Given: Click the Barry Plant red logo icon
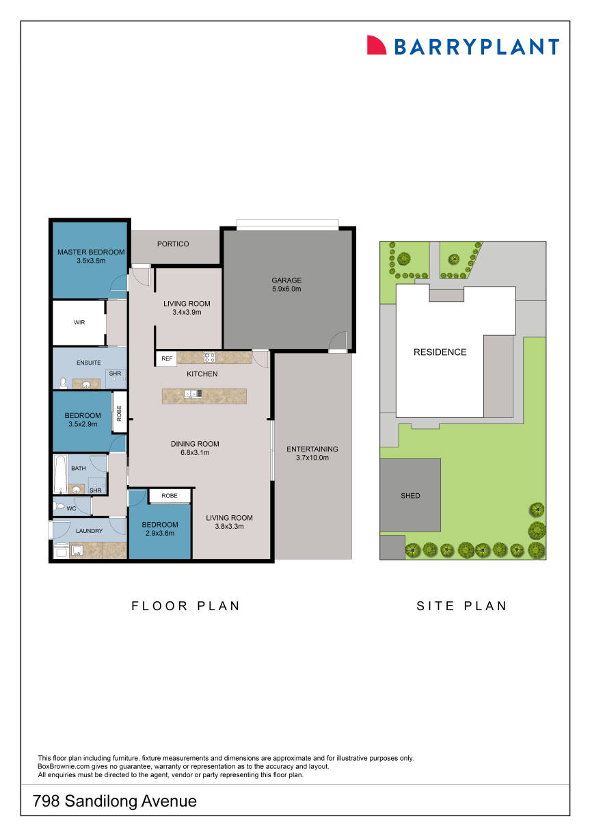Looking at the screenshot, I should [x=377, y=45].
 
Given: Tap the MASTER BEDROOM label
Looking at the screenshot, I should [x=91, y=252].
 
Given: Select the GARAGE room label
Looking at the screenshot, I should [x=286, y=280].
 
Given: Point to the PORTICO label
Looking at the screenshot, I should [x=173, y=244].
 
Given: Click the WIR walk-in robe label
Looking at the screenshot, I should [x=79, y=322].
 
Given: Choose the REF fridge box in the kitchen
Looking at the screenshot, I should [x=167, y=358].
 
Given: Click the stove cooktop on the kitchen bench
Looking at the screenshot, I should [x=210, y=357].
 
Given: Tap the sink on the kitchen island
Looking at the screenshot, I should [x=191, y=393].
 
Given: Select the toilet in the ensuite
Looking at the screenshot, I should [x=63, y=383].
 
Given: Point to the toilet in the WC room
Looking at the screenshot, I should [x=59, y=507].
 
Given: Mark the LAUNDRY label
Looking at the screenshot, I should [x=90, y=531].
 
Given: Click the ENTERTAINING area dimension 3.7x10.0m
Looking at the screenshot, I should [x=312, y=458].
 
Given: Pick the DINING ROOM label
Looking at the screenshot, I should [x=195, y=444].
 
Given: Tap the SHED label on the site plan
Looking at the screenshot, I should [x=410, y=496].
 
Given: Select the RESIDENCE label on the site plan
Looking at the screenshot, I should [x=440, y=352].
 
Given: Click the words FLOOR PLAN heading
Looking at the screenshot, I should [x=185, y=606].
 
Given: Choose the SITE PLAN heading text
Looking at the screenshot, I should [x=461, y=606].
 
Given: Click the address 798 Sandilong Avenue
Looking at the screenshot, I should [x=115, y=801].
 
